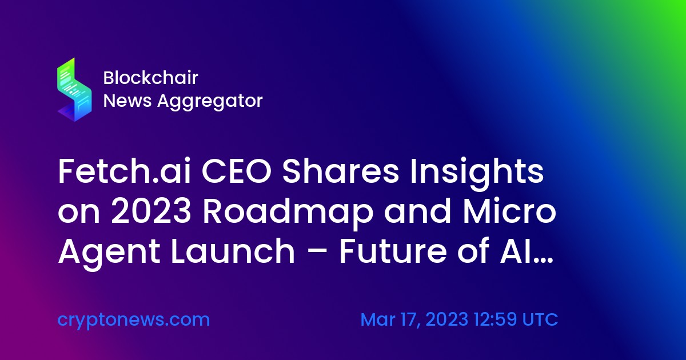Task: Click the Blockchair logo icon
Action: click(x=74, y=90)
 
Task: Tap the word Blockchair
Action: click(x=151, y=78)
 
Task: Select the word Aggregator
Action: click(x=210, y=101)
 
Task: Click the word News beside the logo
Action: click(x=127, y=101)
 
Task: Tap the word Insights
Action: click(x=477, y=174)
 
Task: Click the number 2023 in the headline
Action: click(x=151, y=211)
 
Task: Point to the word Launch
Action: click(x=233, y=251)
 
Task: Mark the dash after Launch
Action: click(x=317, y=253)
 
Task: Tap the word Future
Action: click(x=393, y=251)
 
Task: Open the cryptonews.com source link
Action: click(x=134, y=320)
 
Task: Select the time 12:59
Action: click(x=495, y=319)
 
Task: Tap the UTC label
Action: click(x=540, y=319)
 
